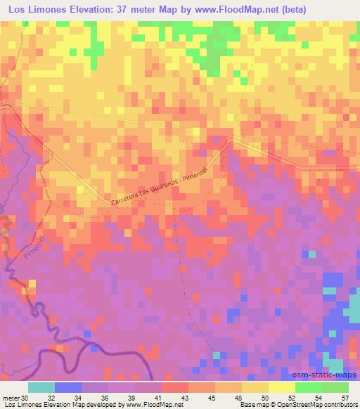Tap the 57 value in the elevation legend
coord(345,398)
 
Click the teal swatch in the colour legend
coord(41,387)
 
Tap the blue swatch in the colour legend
coord(68,387)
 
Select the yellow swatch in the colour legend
coord(281,387)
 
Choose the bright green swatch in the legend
coord(308,387)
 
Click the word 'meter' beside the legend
coord(11,398)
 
